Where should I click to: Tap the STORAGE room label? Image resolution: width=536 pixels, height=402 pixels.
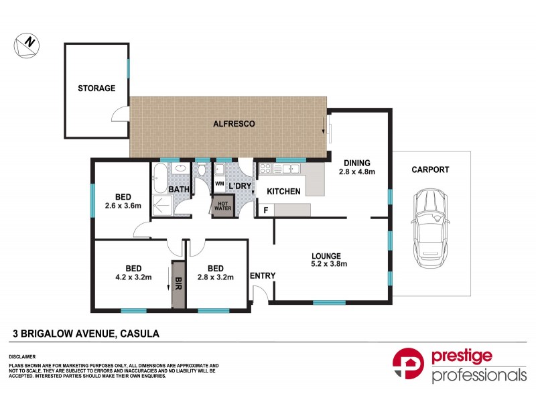coord(96,88)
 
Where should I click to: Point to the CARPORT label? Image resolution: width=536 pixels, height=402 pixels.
coord(430,170)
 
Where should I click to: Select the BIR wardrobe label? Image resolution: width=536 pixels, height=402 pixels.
coord(178,284)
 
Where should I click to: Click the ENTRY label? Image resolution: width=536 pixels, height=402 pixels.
coord(262,275)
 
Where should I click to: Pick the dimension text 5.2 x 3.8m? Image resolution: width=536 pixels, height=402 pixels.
coord(326,263)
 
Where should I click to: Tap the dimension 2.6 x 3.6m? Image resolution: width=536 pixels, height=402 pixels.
coord(123,206)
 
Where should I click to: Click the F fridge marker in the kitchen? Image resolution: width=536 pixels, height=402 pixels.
coord(266,210)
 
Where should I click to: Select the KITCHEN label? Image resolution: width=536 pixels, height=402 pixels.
coord(283,192)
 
